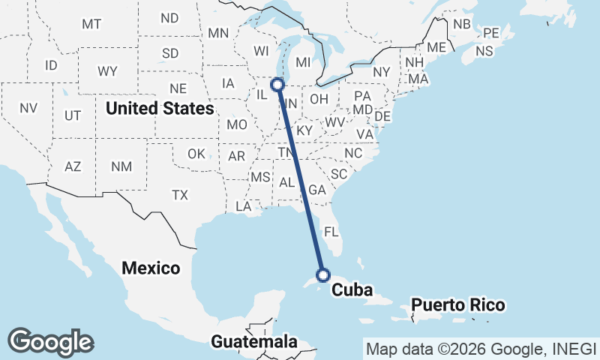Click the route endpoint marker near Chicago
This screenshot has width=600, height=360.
[277, 85]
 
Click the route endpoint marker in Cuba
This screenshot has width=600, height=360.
[322, 274]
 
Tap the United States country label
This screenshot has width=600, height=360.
[160, 109]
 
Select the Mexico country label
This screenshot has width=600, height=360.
[151, 268]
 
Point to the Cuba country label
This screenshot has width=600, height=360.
[352, 289]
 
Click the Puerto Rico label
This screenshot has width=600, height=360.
[457, 305]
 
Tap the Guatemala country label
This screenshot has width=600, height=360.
[253, 341]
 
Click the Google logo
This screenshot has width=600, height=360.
[50, 342]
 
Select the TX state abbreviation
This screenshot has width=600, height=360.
[180, 195]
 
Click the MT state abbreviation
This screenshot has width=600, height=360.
[91, 24]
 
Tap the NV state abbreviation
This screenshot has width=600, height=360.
[28, 108]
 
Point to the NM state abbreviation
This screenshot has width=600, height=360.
[120, 166]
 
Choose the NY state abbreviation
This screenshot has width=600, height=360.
[382, 72]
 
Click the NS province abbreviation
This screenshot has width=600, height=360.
[484, 51]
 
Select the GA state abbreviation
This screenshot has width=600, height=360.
[316, 190]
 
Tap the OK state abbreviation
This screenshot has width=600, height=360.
[196, 154]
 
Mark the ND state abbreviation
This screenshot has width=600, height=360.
[170, 18]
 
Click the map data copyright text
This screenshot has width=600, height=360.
[481, 349]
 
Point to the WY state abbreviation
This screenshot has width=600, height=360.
[107, 71]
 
